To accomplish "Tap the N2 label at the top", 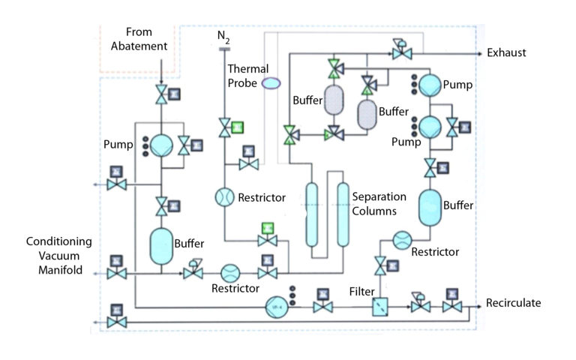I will pyautogui.click(x=223, y=36).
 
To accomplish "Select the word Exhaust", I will pyautogui.click(x=506, y=52).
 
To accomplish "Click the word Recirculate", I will pyautogui.click(x=514, y=304).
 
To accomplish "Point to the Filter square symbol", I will pyautogui.click(x=381, y=307).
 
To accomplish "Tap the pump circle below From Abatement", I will pyautogui.click(x=162, y=145).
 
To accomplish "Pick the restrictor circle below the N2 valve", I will pyautogui.click(x=223, y=197).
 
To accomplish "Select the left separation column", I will pyautogui.click(x=311, y=215).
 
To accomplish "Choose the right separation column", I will pyautogui.click(x=343, y=215).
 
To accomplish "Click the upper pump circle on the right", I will pyautogui.click(x=430, y=85).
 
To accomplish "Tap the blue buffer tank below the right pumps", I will pyautogui.click(x=430, y=206).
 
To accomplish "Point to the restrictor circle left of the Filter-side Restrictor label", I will pyautogui.click(x=401, y=240).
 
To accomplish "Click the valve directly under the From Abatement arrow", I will pyautogui.click(x=162, y=95).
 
